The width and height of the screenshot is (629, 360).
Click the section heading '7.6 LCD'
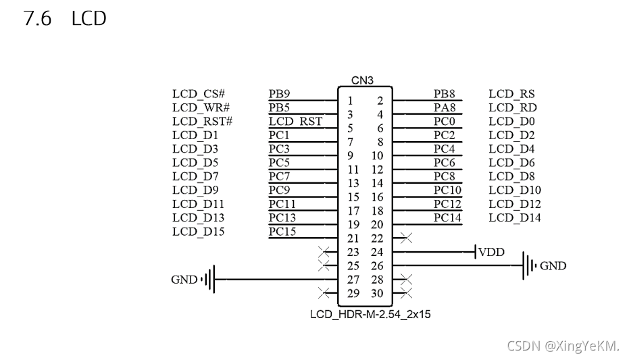point(65,19)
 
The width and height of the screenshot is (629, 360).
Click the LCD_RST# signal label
point(202,122)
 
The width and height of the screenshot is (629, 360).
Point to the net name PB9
point(279,94)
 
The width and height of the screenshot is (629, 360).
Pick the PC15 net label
point(282,232)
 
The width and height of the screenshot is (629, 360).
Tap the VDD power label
point(491,253)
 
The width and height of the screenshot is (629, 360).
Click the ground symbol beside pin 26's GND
point(528,265)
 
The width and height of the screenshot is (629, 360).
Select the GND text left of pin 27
point(184,280)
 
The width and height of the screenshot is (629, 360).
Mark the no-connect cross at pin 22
point(405,238)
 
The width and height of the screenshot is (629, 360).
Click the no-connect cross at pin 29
point(324,293)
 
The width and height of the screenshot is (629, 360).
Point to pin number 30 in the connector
point(377,293)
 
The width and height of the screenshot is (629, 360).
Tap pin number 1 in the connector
point(350,101)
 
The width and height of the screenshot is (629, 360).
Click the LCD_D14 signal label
point(514,217)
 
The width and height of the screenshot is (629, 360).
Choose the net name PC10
point(447,190)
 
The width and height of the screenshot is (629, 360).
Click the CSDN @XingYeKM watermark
point(563,346)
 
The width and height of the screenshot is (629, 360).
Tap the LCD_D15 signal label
point(198,232)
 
